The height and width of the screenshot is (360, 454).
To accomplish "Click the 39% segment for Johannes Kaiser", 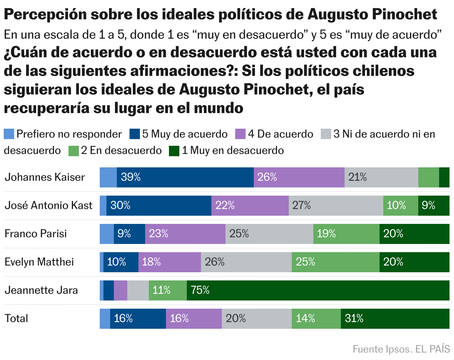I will tap(185, 177).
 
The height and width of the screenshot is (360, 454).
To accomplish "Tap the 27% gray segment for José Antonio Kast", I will tap(336, 206).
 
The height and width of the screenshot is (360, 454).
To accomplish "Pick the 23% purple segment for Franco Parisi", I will tap(185, 234).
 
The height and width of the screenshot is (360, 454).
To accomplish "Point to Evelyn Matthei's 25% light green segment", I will tap(335, 262).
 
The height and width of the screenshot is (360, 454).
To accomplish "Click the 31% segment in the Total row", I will tap(395, 319).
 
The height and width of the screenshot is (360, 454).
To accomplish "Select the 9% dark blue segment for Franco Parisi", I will tap(129, 234).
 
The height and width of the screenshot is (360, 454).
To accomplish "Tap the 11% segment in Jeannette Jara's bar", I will tap(167, 290).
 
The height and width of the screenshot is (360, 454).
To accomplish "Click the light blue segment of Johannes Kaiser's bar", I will tap(108, 177).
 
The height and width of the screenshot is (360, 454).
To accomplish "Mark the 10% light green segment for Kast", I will tap(400, 206).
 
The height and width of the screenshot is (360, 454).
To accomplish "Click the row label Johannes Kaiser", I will tap(45, 177).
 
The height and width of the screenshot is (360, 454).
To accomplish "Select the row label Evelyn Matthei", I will tap(39, 262).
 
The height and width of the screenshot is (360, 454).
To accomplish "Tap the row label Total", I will tap(16, 318).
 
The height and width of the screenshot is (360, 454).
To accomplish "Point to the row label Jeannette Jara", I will tap(41, 290).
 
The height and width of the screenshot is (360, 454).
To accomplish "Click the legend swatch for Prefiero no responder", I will tap(9, 134).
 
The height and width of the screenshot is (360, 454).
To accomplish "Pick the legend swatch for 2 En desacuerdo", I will tap(74, 151).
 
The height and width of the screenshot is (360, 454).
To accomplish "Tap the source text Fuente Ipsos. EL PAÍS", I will tap(401, 349).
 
